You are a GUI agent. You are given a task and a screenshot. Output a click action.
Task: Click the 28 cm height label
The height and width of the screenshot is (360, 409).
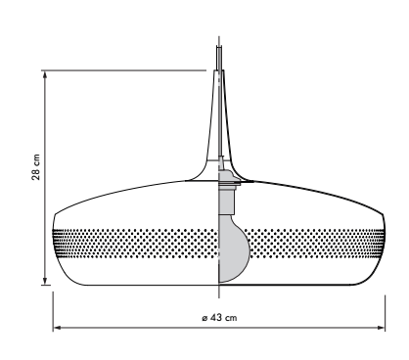pyautogui.click(x=36, y=167)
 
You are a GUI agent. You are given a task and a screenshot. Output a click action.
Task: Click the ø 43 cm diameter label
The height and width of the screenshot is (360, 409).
pyautogui.click(x=219, y=317)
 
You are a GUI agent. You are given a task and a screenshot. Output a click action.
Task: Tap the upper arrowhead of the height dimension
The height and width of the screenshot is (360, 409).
pyautogui.click(x=45, y=74)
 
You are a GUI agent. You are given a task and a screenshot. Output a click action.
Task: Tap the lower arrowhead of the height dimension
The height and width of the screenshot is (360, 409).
pyautogui.click(x=45, y=281)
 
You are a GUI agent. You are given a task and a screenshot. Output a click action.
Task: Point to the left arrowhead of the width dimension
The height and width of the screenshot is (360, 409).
pyautogui.click(x=58, y=328)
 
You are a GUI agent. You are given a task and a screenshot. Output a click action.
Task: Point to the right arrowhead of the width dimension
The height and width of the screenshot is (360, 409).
pyautogui.click(x=381, y=328)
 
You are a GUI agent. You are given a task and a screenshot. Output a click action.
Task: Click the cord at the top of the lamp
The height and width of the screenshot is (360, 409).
pyautogui.click(x=219, y=58)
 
